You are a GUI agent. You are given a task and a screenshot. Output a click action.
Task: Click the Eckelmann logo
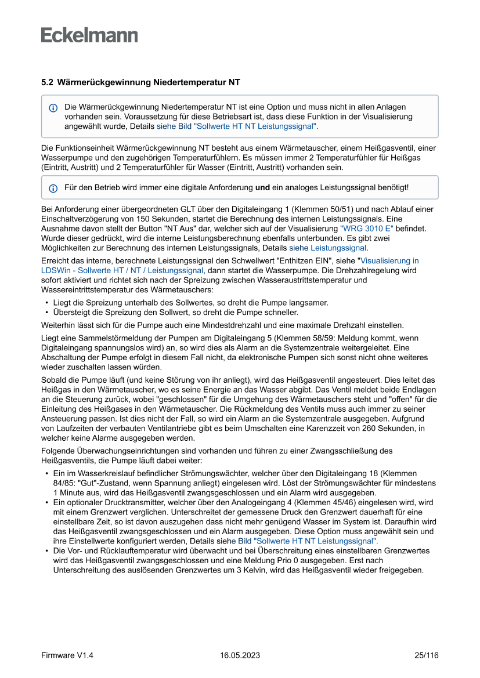pos(89,35)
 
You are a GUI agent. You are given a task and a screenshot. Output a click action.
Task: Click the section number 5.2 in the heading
pos(47,83)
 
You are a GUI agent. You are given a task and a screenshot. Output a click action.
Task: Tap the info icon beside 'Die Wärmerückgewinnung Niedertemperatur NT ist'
pos(53,108)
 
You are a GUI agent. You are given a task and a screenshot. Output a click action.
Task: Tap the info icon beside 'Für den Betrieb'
pos(53,188)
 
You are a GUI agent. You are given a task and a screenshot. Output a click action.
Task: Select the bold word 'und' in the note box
pos(262,187)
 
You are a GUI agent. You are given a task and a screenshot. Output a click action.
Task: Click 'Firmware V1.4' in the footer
pos(67,655)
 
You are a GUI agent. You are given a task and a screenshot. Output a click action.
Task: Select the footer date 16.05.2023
pos(240,655)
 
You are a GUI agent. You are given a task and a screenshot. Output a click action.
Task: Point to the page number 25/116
pos(426,655)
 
